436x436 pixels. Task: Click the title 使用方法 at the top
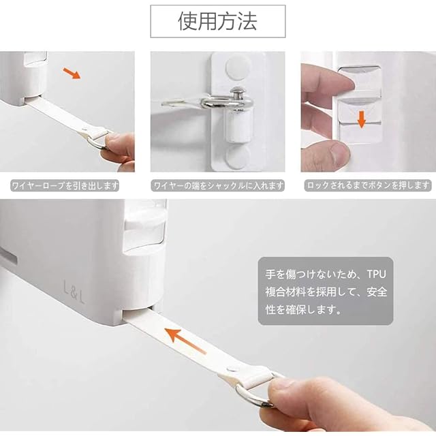217,21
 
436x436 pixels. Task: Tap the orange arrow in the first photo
72,73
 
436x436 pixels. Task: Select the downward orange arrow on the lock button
361,119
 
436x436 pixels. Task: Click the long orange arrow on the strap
185,341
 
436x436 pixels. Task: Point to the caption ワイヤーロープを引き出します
65,185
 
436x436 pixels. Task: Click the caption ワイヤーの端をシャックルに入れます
218,185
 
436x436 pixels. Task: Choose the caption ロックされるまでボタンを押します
368,185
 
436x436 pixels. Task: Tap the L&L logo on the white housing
74,292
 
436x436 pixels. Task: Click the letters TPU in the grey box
377,275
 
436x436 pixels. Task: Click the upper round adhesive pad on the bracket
238,67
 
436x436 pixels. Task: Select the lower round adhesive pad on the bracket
238,157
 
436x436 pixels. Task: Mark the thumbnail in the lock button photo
340,151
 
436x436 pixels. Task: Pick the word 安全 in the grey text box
377,292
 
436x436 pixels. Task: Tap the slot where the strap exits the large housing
138,312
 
